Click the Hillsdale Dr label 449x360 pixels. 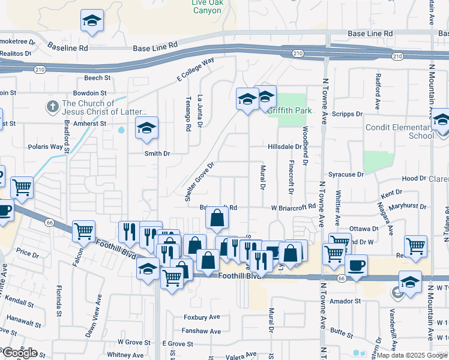285,146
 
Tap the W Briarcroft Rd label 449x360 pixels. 294,207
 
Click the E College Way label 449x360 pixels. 195,70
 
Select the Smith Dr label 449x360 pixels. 157,154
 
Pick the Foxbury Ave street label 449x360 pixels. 202,317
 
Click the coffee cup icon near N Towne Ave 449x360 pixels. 356,265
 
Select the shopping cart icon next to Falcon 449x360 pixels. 84,230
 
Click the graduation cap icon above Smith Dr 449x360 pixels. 146,128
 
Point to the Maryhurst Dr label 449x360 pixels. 407,206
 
